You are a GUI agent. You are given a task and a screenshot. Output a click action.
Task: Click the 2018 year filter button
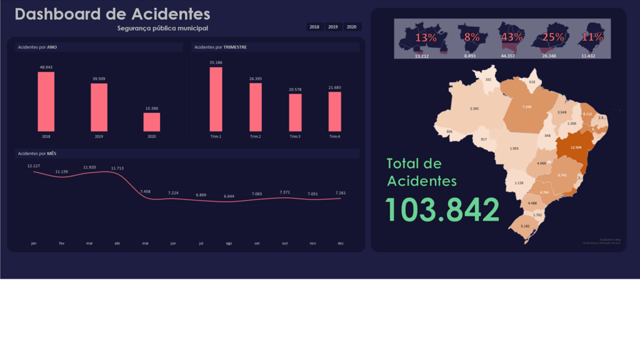(314, 27)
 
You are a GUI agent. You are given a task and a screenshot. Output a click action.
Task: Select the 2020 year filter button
(352, 27)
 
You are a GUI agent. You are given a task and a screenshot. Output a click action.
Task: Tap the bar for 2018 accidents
(46, 101)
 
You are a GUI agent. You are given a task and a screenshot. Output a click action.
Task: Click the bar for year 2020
(152, 122)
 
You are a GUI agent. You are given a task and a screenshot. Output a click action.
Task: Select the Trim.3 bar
(295, 112)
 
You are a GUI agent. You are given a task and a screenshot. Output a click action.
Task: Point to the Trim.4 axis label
(334, 136)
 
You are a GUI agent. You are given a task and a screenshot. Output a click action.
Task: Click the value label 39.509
(99, 79)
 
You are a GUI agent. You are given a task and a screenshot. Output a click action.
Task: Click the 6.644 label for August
(229, 196)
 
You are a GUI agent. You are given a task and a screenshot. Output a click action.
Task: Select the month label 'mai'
(146, 243)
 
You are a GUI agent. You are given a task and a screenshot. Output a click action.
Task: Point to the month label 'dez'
(340, 243)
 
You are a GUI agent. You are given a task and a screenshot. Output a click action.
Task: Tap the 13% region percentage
(426, 37)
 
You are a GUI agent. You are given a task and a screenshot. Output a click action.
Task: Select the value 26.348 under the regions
(549, 56)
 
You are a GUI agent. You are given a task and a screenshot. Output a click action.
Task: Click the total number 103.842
(442, 210)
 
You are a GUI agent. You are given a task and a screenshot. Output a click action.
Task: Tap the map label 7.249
(527, 107)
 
